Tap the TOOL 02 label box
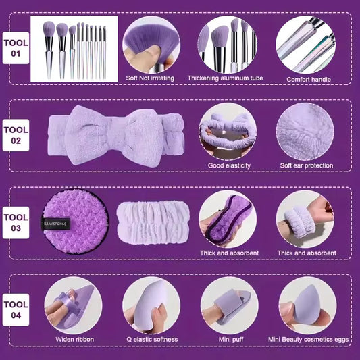pos(16,135)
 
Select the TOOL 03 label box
pos(16,224)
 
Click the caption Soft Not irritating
pos(149,78)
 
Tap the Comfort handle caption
pos(307,78)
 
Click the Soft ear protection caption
pos(306,165)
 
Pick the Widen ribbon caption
pos(74,339)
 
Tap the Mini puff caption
pos(228,339)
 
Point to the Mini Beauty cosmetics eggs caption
pos(306,339)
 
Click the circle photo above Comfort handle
pos(305,44)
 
